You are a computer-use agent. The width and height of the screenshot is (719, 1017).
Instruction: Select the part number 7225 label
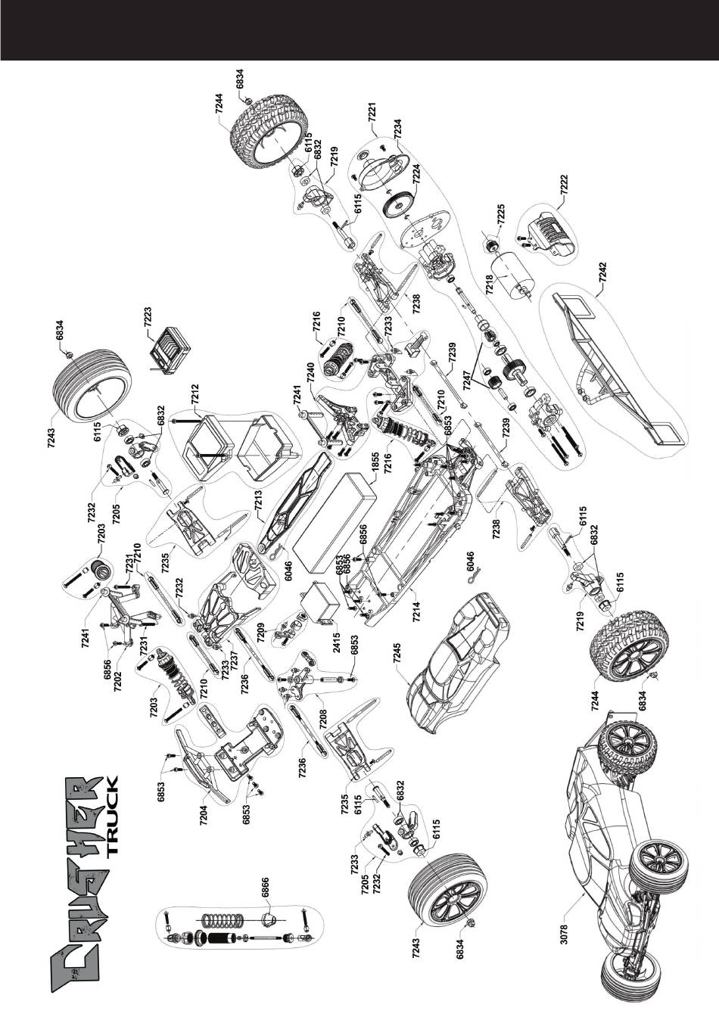pyautogui.click(x=502, y=213)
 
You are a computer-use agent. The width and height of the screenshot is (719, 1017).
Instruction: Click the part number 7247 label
pyautogui.click(x=468, y=378)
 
